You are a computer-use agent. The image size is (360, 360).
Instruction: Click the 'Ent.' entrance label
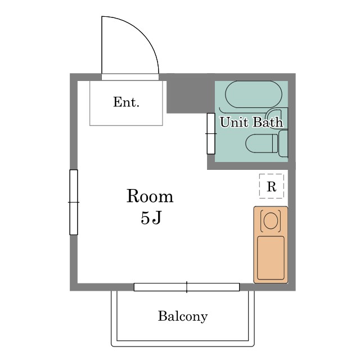(126, 102)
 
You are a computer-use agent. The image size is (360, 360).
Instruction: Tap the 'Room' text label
(150, 196)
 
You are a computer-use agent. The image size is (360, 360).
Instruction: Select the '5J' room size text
(151, 218)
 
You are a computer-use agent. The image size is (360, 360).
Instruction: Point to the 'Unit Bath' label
(251, 122)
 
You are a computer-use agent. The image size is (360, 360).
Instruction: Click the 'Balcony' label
(183, 316)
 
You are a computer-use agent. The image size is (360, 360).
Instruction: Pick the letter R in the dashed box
(271, 187)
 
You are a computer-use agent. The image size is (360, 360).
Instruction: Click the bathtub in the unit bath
(250, 94)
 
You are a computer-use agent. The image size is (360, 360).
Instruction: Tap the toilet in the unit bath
(262, 143)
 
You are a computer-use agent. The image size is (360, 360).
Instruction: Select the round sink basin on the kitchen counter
(271, 220)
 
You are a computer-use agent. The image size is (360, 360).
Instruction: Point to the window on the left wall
(74, 201)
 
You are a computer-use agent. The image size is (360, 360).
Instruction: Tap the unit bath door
(211, 133)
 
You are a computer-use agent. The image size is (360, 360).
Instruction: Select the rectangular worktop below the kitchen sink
(271, 257)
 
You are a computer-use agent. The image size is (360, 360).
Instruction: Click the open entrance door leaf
(102, 45)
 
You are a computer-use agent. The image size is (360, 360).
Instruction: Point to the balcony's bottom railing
(183, 343)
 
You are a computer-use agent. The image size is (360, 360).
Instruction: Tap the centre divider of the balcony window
(186, 287)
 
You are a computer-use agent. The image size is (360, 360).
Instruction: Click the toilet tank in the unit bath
(283, 143)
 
